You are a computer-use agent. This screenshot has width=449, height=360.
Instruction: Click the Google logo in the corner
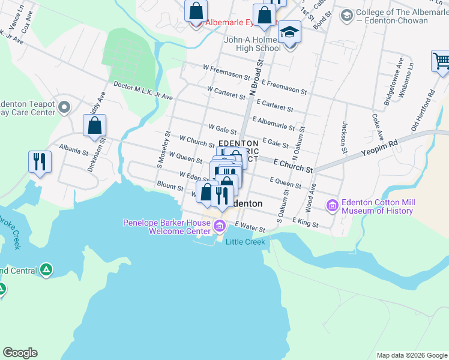(20, 353)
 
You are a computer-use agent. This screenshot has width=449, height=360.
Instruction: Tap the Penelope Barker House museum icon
(220, 226)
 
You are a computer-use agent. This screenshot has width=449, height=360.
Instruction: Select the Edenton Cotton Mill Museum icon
(332, 206)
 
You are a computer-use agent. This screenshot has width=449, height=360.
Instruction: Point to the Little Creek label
(245, 241)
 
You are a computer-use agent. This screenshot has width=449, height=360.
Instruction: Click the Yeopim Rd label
(379, 148)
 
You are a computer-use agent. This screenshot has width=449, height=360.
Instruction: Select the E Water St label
(250, 226)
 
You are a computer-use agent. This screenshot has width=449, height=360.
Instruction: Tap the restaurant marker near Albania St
(40, 161)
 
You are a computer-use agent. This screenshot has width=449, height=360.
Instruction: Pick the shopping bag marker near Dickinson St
(94, 125)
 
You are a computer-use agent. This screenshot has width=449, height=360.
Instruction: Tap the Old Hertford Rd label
(421, 112)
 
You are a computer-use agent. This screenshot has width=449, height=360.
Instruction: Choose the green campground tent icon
(46, 270)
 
